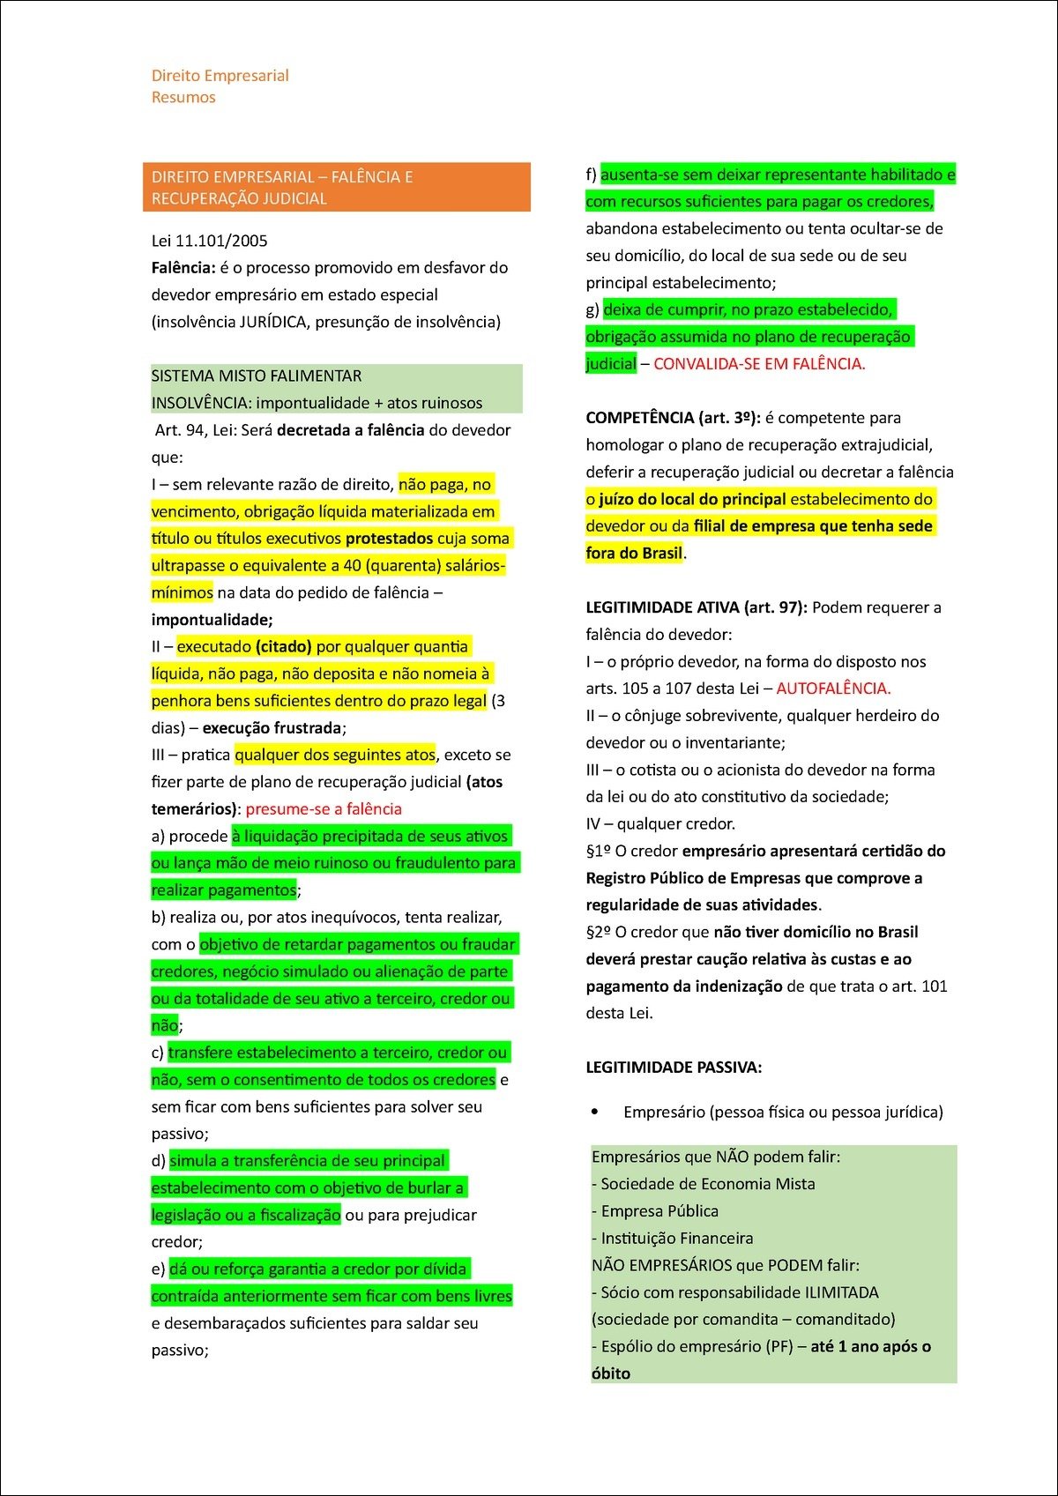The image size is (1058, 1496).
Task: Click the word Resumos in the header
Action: click(183, 97)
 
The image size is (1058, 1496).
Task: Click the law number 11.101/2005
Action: click(221, 241)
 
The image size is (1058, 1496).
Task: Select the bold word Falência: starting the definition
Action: click(183, 267)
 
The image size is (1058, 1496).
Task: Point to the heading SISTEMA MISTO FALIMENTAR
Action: click(257, 376)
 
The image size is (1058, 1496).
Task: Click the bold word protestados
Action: click(389, 538)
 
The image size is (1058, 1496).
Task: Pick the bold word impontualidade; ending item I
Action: click(212, 619)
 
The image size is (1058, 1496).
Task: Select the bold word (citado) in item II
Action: click(283, 646)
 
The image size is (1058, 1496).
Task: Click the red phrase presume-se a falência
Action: click(324, 808)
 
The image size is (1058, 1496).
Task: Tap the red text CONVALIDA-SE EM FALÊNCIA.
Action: click(759, 363)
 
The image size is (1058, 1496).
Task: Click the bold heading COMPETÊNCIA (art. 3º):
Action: click(673, 417)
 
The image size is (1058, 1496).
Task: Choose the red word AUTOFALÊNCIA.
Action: click(833, 688)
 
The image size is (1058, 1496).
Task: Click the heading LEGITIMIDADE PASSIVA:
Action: click(674, 1067)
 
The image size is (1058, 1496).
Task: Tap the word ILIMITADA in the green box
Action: click(841, 1292)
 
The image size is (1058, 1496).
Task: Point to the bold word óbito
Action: click(611, 1373)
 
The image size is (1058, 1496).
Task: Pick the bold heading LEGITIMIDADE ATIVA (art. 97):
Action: click(697, 607)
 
